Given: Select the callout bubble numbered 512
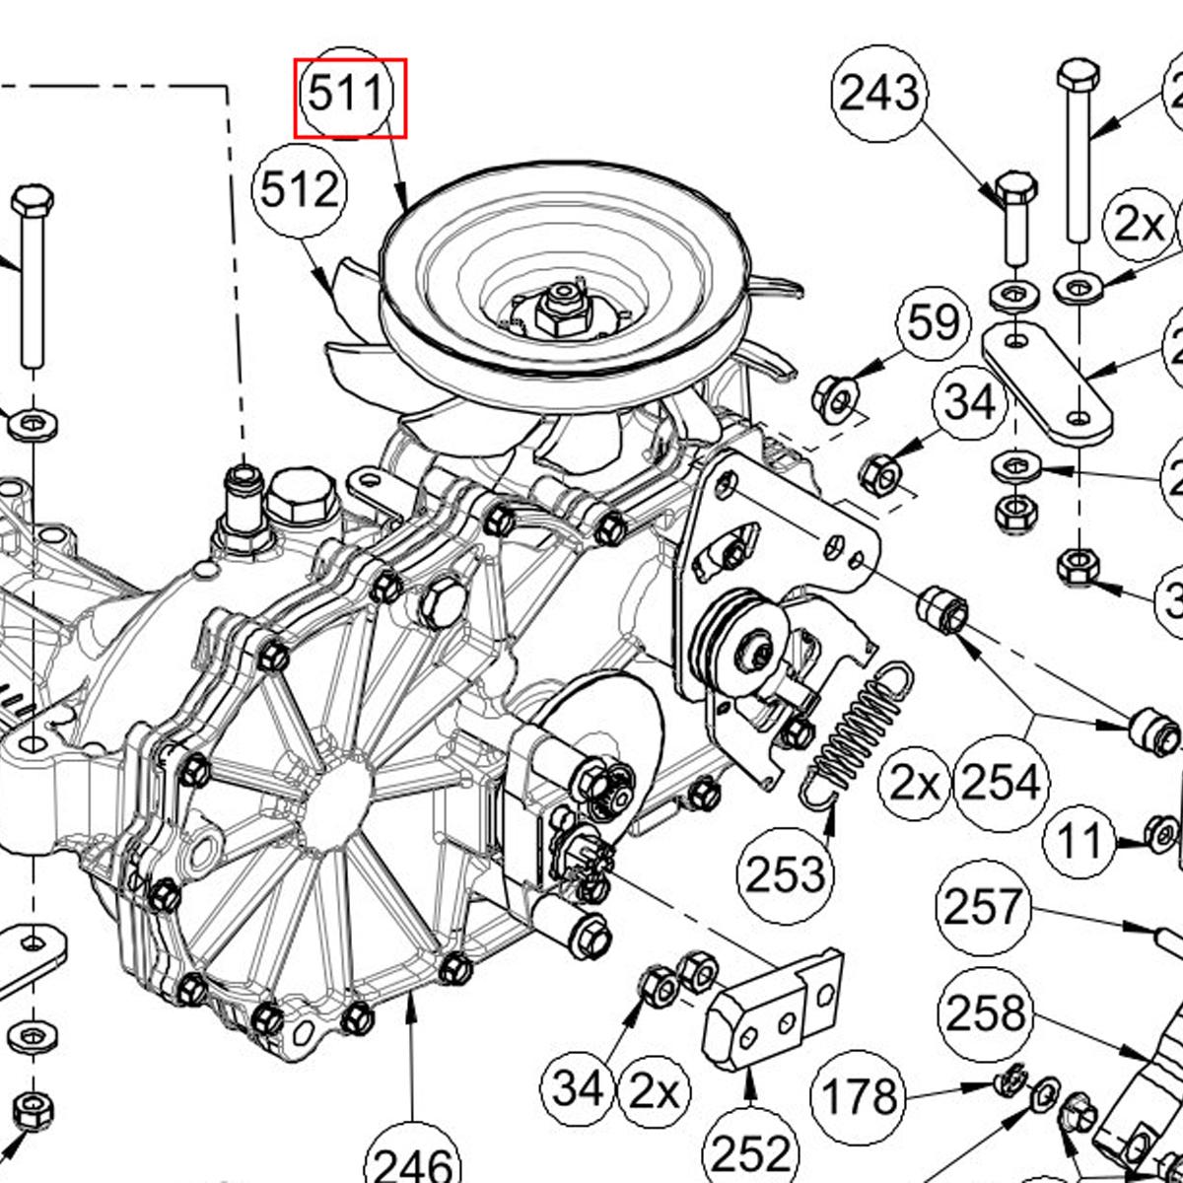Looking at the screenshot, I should click(300, 188).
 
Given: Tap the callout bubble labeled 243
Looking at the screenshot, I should click(879, 94).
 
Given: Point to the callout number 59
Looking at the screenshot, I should click(933, 323).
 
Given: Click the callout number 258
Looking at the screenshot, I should click(987, 1012).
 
